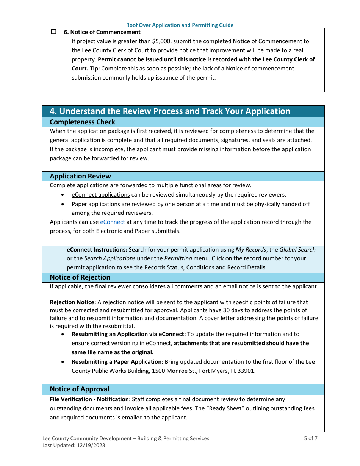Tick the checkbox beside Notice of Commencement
pyautogui.click(x=53, y=32)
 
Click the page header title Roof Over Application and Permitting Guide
pyautogui.click(x=180, y=25)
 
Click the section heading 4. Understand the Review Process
pyautogui.click(x=170, y=111)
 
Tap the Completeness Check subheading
pyautogui.click(x=82, y=122)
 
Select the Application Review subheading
pyautogui.click(x=80, y=176)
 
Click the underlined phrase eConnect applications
pyautogui.click(x=100, y=195)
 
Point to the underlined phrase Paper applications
pyautogui.click(x=95, y=204)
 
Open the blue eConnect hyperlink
pyautogui.click(x=112, y=222)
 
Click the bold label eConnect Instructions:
pyautogui.click(x=97, y=250)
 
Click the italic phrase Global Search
pyautogui.click(x=297, y=250)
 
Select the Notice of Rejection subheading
pyautogui.click(x=80, y=277)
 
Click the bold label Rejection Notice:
pyautogui.click(x=73, y=302)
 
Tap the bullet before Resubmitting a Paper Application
pyautogui.click(x=63, y=362)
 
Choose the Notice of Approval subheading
pyautogui.click(x=80, y=389)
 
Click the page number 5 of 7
pyautogui.click(x=310, y=438)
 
